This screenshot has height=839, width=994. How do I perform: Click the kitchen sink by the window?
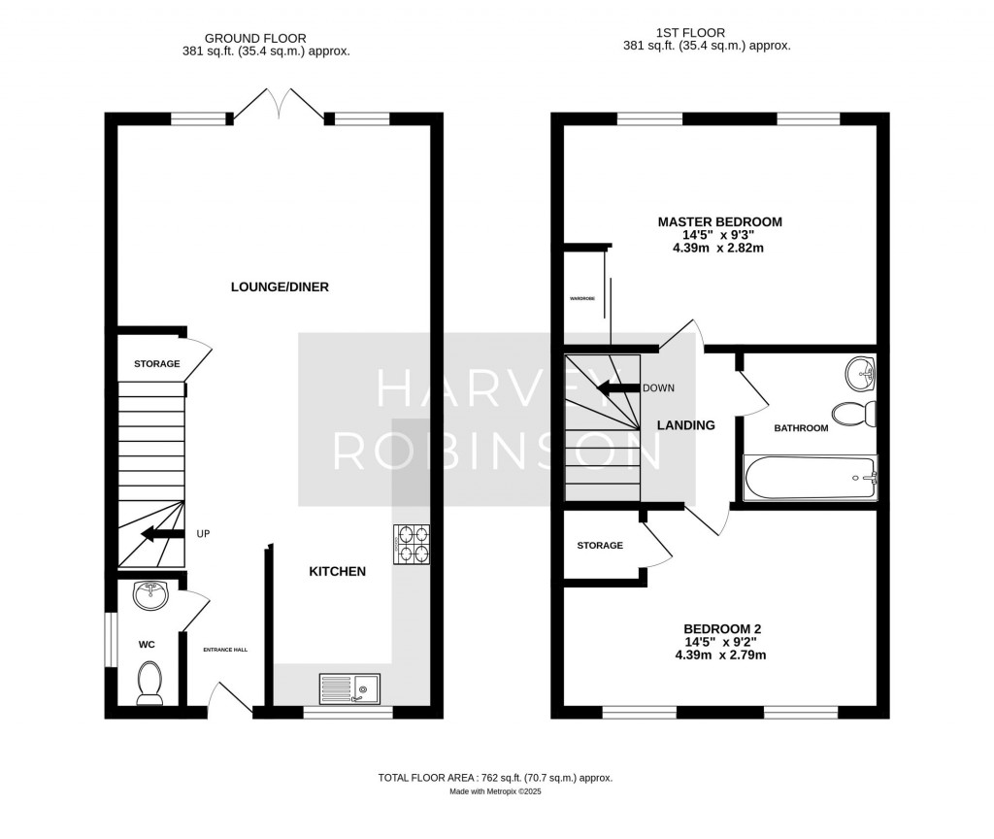349,688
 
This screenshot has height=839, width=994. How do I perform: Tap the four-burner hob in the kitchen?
412,545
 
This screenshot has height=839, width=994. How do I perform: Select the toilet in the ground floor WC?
149,683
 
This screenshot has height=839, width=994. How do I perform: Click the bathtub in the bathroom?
811,478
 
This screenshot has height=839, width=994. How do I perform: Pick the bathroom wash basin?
861,374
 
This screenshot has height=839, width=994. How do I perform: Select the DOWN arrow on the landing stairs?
619,388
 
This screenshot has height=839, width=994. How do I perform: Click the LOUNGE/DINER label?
280,287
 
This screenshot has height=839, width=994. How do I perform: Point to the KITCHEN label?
337,571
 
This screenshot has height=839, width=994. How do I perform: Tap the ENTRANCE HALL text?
225,650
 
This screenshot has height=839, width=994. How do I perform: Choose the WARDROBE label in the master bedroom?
582,298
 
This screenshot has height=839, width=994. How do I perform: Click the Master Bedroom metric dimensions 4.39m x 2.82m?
718,248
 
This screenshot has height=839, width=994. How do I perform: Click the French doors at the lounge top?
279,104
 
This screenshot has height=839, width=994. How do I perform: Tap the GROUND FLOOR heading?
255,39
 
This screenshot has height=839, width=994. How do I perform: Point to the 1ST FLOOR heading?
691,33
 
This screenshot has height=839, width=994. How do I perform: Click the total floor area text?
495,778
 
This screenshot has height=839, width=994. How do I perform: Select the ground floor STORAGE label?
157,364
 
